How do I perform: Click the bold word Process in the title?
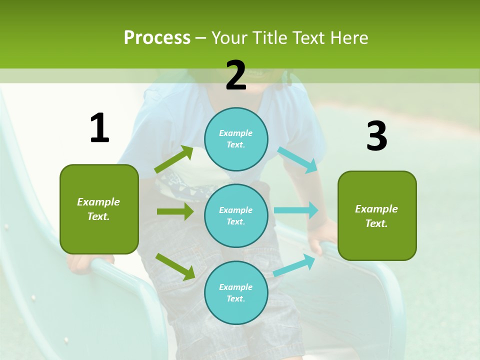click(x=157, y=38)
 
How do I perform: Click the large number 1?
click(x=99, y=128)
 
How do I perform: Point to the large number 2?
click(x=236, y=75)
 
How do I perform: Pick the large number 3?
click(x=376, y=136)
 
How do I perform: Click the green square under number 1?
click(x=99, y=209)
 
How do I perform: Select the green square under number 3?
click(x=377, y=215)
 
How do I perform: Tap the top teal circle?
click(x=236, y=139)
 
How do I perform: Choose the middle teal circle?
click(x=236, y=215)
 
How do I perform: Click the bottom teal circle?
click(x=236, y=292)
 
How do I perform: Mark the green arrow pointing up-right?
click(x=174, y=159)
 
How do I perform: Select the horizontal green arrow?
click(x=175, y=211)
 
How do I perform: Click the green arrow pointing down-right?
click(x=175, y=266)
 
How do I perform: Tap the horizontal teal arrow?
click(x=296, y=210)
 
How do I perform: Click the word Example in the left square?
click(x=98, y=202)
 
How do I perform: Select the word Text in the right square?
click(x=376, y=223)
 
